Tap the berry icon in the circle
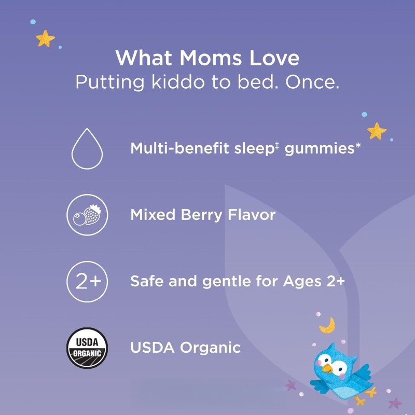87,215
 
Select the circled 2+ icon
87,282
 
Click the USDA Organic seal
87,348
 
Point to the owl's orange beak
327,368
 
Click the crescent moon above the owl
327,325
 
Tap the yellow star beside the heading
46,38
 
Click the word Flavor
252,215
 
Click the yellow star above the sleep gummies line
377,130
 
